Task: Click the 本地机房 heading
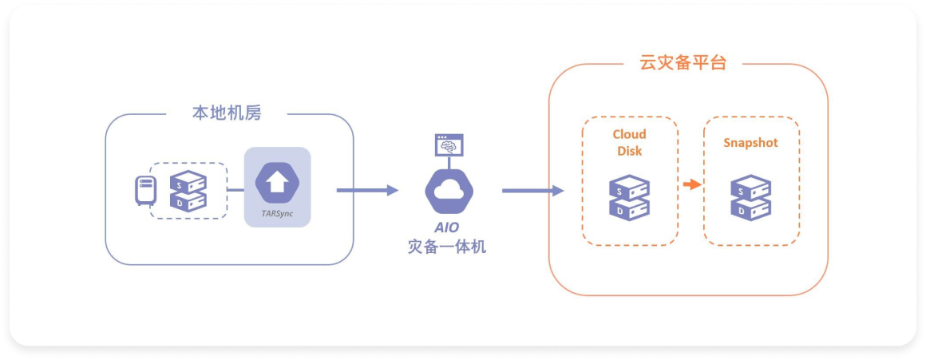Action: (x=227, y=113)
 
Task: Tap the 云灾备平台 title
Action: (x=683, y=62)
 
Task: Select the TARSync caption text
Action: (x=276, y=214)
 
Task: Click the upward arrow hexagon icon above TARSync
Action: (x=276, y=183)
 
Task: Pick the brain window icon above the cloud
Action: (x=449, y=145)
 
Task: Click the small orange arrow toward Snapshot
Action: (x=691, y=185)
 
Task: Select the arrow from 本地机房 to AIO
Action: (x=367, y=190)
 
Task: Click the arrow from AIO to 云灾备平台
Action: (x=532, y=191)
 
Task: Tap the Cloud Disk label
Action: (x=629, y=142)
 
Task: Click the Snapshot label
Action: (x=750, y=143)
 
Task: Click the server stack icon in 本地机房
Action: (x=188, y=191)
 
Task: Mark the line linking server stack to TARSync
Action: (x=235, y=190)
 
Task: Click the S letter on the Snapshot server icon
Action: (x=742, y=190)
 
